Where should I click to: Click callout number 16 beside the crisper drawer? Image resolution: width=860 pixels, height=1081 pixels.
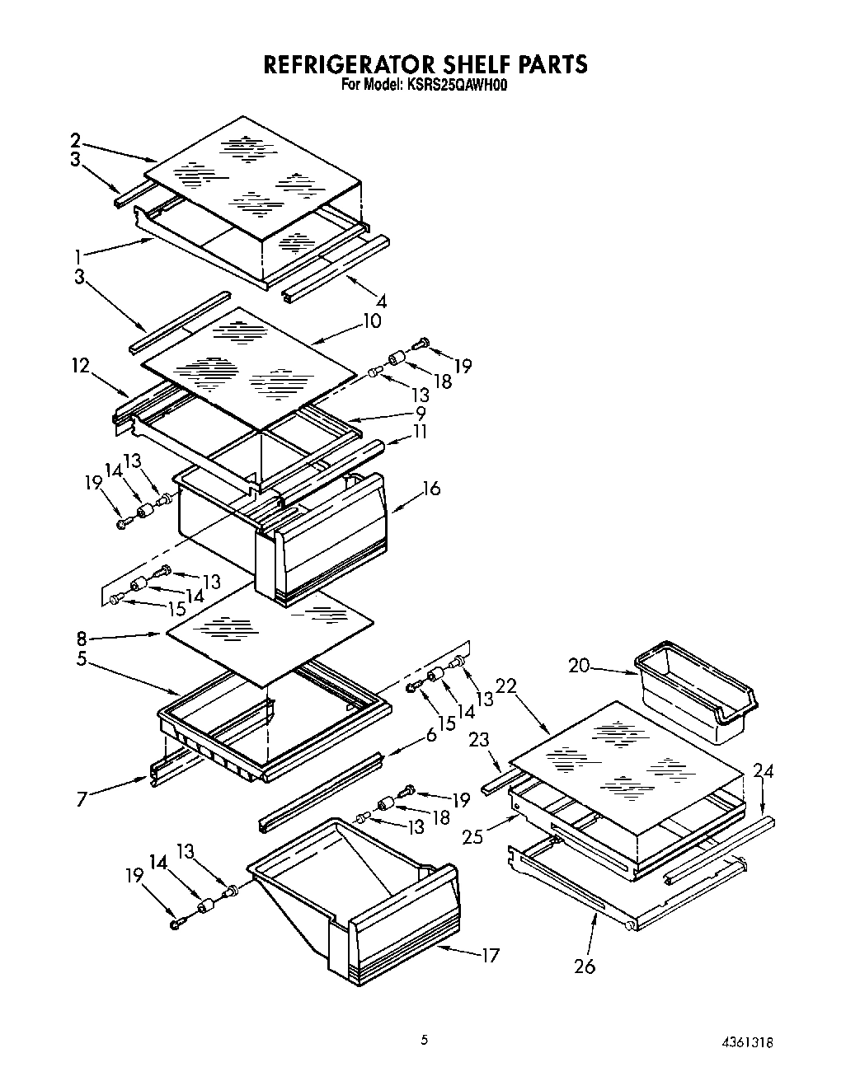(430, 489)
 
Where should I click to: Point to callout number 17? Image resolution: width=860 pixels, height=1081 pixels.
(491, 956)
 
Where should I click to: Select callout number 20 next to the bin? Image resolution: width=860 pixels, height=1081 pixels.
(580, 665)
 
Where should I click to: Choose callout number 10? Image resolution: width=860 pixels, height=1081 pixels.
(372, 321)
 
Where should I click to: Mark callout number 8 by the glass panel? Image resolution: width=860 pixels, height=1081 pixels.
(82, 637)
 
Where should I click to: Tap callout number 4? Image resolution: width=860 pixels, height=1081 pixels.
(380, 301)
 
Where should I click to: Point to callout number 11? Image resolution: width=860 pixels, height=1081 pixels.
(421, 431)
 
